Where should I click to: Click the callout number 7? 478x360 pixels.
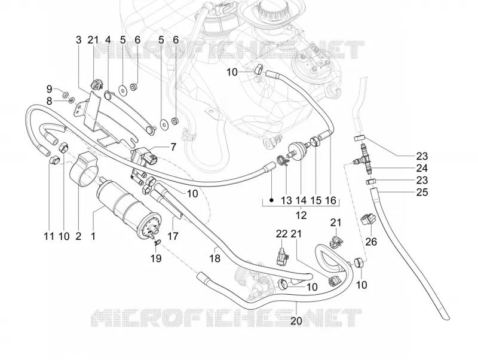pos(173,147)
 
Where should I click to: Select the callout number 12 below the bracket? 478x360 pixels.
pos(301,215)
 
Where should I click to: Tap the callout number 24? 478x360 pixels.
pos(422,168)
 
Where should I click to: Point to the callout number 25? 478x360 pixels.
pos(422,192)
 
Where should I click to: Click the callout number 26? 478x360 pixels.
pos(371,242)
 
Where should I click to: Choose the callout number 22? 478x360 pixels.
pos(281,234)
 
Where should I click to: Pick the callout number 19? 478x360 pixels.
pos(156,258)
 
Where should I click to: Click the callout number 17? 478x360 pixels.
pos(173,236)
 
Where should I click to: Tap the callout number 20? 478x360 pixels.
pos(296,321)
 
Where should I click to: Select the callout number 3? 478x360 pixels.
pos(79,39)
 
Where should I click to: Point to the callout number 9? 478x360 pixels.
pos(50,89)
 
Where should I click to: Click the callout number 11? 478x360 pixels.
pos(49,236)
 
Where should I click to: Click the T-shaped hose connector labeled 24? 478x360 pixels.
pos(363,157)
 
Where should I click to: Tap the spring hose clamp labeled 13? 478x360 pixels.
pos(282,161)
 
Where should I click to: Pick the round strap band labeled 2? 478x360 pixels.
pos(83,169)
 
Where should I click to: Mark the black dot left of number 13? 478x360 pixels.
pos(271,200)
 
